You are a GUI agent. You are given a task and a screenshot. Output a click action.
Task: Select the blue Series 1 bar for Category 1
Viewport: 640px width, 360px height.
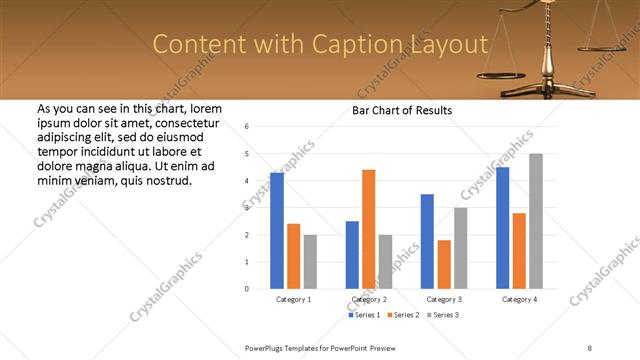point(277,230)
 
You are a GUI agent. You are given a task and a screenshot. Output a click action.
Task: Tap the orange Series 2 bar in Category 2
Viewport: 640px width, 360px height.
point(368,229)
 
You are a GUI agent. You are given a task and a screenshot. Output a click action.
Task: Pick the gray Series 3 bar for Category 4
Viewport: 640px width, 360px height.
point(536,221)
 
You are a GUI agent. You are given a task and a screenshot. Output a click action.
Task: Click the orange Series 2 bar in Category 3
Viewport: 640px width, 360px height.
point(444,264)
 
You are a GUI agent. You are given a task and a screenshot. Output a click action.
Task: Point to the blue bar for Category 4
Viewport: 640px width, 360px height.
point(503,228)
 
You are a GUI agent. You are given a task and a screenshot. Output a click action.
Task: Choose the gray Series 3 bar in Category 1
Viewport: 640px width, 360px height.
point(310,262)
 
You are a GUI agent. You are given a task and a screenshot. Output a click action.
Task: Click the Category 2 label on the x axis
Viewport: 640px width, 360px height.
point(369,299)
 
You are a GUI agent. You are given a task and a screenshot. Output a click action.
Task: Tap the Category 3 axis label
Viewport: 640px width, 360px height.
point(444,299)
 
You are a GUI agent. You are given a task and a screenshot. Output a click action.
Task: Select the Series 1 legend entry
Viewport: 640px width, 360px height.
point(364,315)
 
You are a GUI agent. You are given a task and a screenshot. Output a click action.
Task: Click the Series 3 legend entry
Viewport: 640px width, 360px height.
point(442,315)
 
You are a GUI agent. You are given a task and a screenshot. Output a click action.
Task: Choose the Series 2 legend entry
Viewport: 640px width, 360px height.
point(403,315)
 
